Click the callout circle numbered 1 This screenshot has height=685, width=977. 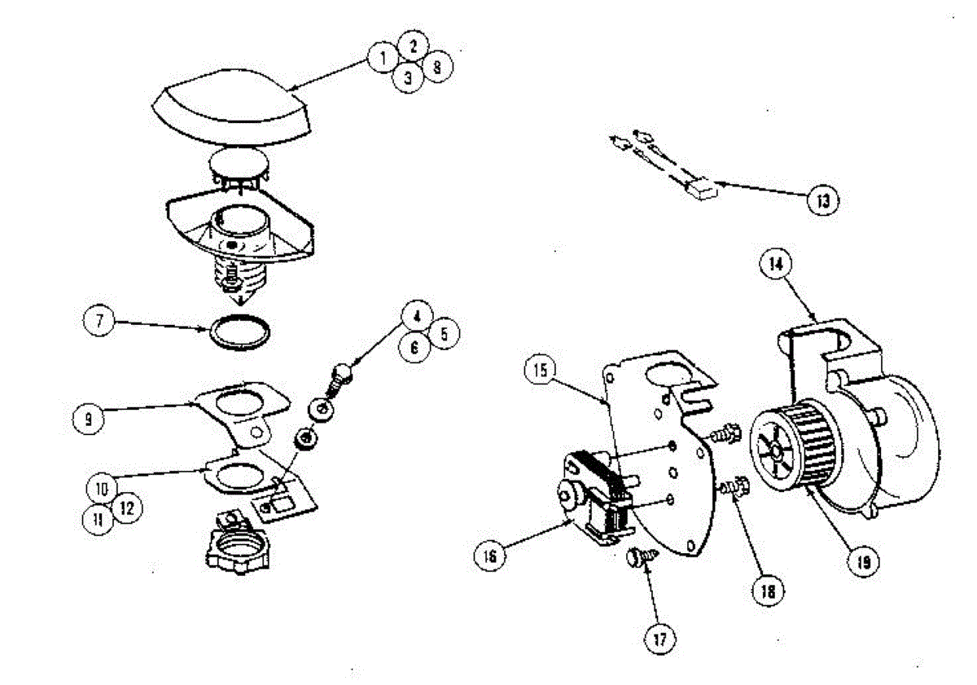coord(381,58)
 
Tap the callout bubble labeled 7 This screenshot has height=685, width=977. coord(99,320)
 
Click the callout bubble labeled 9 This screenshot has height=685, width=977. coord(88,419)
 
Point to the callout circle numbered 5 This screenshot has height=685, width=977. coord(445,334)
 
